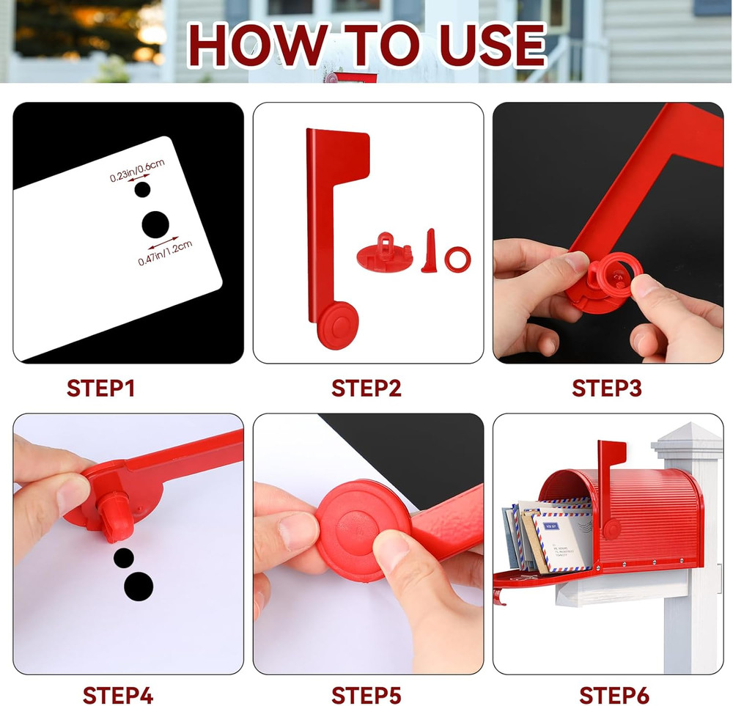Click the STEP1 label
pyautogui.click(x=100, y=388)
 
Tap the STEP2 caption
pyautogui.click(x=366, y=388)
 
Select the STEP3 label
pyautogui.click(x=607, y=388)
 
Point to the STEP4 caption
pyautogui.click(x=118, y=694)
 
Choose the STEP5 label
pyautogui.click(x=366, y=694)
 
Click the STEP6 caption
pyautogui.click(x=614, y=694)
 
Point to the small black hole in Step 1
pyautogui.click(x=143, y=190)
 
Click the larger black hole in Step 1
pyautogui.click(x=155, y=224)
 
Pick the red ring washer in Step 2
pyautogui.click(x=458, y=259)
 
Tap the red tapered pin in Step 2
pyautogui.click(x=429, y=251)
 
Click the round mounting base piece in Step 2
pyautogui.click(x=384, y=254)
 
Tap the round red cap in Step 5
pyautogui.click(x=363, y=529)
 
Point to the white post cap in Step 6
pyautogui.click(x=687, y=438)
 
